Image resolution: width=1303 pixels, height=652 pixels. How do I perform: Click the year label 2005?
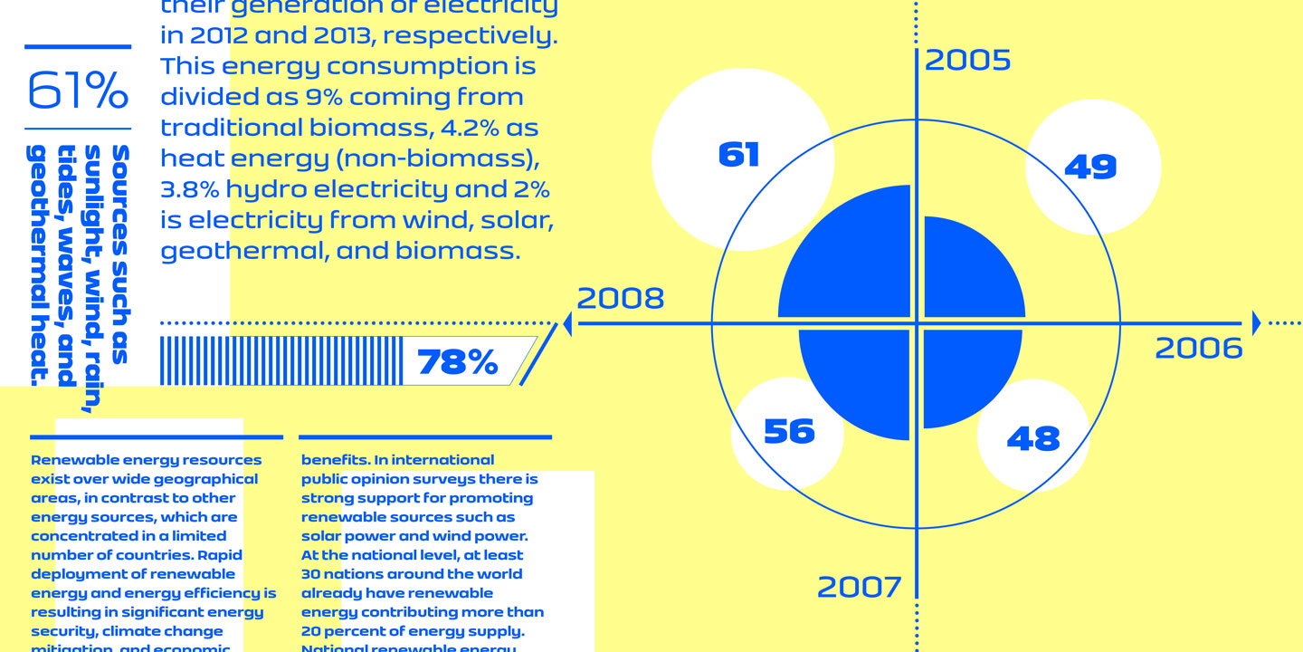pyautogui.click(x=967, y=61)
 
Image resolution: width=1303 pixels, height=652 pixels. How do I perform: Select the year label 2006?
pyautogui.click(x=1199, y=349)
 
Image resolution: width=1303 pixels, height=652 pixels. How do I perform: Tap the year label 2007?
pyautogui.click(x=860, y=588)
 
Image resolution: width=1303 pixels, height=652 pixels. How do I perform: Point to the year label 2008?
pyautogui.click(x=621, y=299)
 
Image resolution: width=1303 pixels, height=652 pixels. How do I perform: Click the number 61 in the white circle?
pyautogui.click(x=738, y=155)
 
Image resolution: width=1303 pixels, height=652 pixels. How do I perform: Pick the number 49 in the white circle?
pyautogui.click(x=1090, y=167)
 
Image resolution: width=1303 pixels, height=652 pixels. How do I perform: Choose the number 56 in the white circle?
pyautogui.click(x=789, y=431)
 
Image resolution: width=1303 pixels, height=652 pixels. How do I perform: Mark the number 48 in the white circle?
pyautogui.click(x=1033, y=439)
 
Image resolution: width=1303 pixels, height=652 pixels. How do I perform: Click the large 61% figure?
pyautogui.click(x=78, y=90)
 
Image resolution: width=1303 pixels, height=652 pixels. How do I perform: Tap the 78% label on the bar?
pyautogui.click(x=458, y=362)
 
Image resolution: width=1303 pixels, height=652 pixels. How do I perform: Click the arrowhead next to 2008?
pyautogui.click(x=567, y=323)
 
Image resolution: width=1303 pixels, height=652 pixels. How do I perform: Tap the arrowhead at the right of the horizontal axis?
pyautogui.click(x=1256, y=322)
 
